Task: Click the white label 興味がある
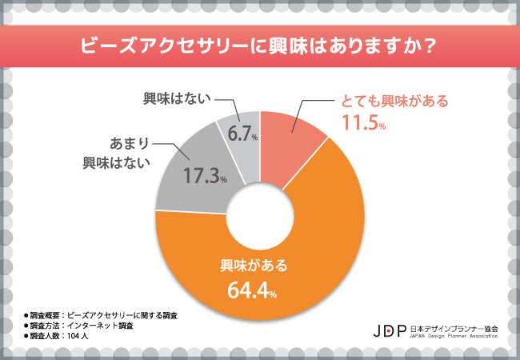248,266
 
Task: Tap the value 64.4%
248,290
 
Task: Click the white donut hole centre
261,217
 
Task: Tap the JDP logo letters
390,330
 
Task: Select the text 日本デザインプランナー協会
454,326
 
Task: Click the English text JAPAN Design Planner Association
454,336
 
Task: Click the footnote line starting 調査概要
100,315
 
